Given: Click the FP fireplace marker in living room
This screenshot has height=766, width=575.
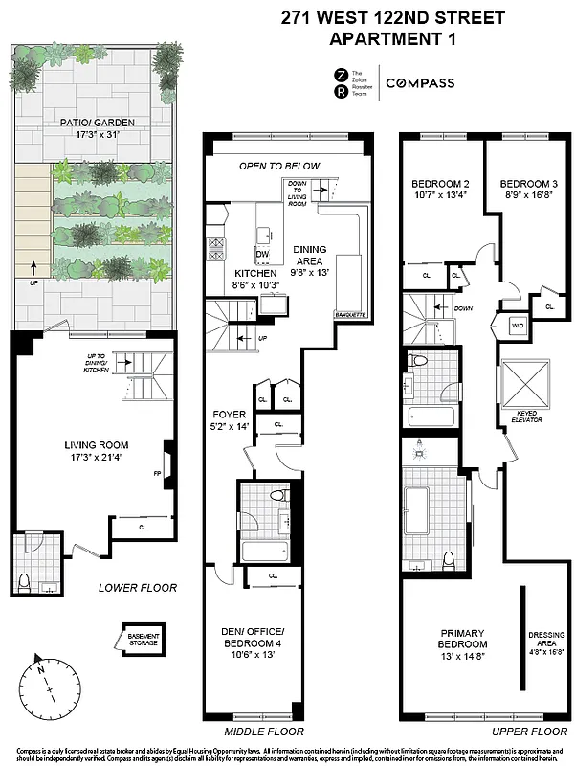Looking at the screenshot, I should coord(158,472).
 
